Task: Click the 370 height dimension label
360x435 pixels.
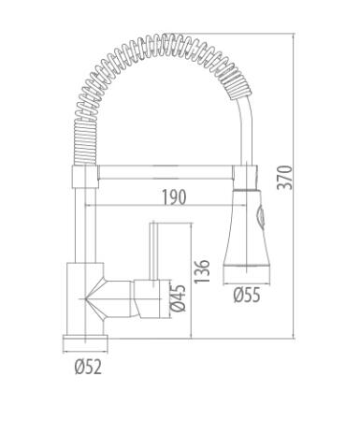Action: click(x=285, y=177)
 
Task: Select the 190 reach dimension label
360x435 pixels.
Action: click(x=174, y=196)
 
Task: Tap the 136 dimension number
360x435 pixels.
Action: click(x=202, y=271)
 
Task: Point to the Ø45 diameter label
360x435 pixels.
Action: click(x=179, y=298)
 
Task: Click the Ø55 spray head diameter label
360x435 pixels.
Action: click(x=247, y=295)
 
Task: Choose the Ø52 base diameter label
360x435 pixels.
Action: click(x=88, y=367)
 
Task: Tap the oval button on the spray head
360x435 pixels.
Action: click(x=260, y=216)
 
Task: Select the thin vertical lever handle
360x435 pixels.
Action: click(x=152, y=252)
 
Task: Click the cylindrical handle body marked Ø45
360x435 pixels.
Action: click(x=149, y=299)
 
